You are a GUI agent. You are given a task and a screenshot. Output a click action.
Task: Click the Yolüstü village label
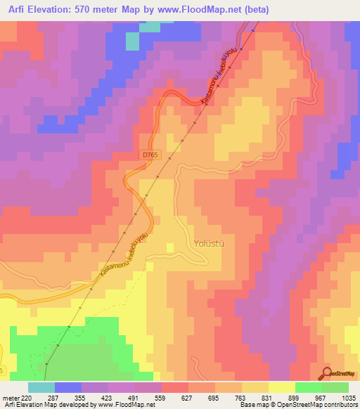point(210,245)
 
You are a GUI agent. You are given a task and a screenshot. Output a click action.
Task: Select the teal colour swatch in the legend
point(41,387)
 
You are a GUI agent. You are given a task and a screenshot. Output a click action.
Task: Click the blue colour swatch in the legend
point(68,387)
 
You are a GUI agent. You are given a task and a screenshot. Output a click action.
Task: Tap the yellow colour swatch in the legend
point(281,387)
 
